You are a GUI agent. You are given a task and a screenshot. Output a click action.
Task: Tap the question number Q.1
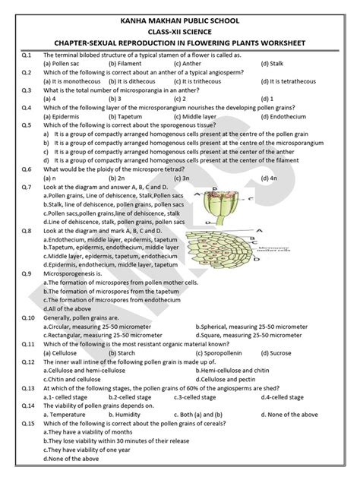26,56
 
